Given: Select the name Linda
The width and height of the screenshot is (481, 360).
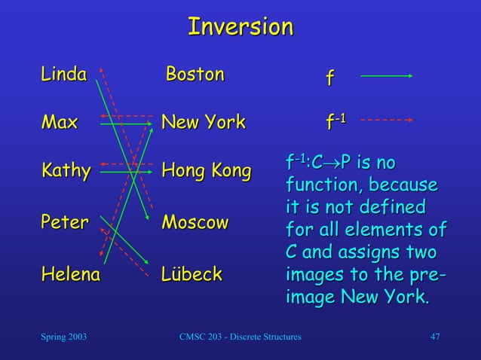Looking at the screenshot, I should (64, 74).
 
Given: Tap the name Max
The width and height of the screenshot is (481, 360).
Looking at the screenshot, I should (60, 122).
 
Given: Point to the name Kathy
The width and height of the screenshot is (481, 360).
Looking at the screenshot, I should (66, 172).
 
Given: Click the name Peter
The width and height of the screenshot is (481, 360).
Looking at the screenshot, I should (64, 223).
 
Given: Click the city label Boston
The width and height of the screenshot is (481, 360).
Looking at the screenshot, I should (195, 74).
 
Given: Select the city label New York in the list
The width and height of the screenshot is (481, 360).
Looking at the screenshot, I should (204, 122).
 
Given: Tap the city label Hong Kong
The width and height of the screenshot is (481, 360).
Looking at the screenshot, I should (206, 172).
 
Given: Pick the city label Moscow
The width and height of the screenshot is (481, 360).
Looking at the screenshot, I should (195, 223).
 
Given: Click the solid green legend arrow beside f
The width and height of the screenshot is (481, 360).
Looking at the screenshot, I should (386, 76).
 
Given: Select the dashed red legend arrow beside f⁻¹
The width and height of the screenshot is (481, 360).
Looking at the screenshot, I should (386, 119).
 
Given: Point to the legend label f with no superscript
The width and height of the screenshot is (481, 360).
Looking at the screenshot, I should (329, 78).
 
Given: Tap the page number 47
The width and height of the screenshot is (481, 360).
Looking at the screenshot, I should (434, 336).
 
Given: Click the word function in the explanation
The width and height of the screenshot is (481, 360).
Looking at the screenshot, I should (320, 185).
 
